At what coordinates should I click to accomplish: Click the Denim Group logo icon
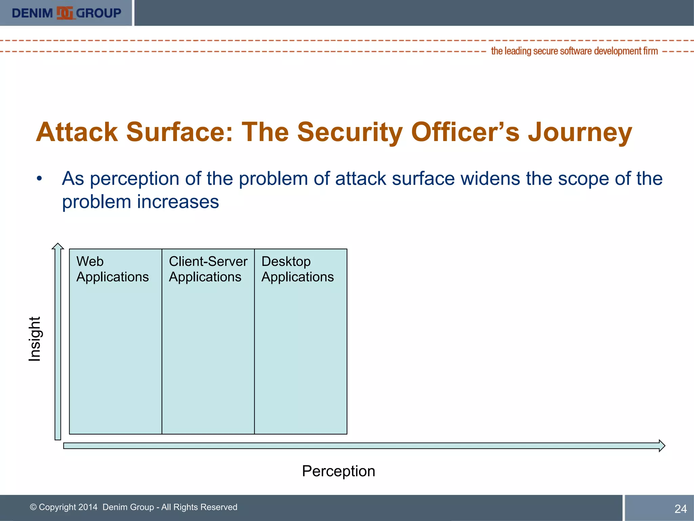click(65, 13)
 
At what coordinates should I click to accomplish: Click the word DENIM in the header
click(32, 13)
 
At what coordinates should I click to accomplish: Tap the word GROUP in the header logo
click(98, 13)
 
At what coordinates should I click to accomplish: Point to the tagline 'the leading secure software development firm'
click(574, 51)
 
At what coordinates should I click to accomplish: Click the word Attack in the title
click(77, 132)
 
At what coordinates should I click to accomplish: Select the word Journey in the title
click(580, 132)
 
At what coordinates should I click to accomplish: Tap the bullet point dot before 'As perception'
click(40, 179)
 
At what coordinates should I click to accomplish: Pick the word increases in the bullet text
click(178, 202)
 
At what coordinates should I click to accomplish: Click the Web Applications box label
click(112, 269)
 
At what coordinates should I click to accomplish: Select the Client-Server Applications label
click(208, 269)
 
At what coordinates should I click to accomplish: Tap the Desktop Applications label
click(297, 269)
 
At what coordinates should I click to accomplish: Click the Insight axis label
click(34, 339)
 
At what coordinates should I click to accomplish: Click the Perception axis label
click(338, 471)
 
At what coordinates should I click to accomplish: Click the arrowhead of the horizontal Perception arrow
click(661, 446)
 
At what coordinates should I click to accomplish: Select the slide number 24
click(680, 509)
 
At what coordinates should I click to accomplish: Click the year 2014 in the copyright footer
click(87, 507)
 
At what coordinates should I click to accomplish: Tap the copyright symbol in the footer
click(33, 507)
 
